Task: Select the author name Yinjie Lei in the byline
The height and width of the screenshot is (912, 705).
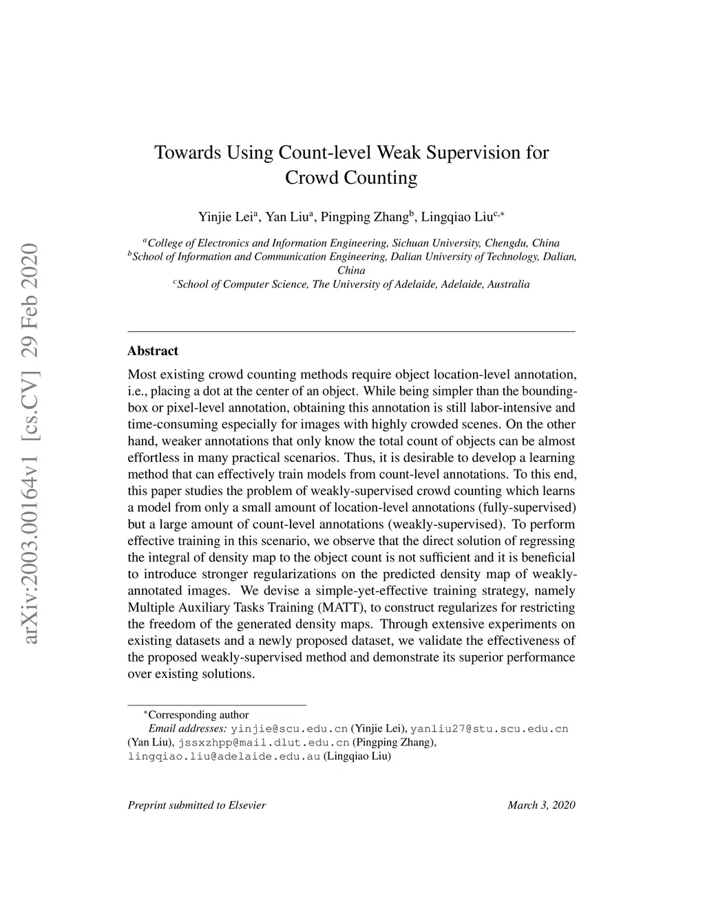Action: coord(225,217)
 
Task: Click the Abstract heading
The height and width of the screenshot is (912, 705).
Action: coord(153,350)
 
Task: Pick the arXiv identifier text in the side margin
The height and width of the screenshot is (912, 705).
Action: coord(32,444)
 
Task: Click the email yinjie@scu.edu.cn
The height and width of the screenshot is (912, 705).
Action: coord(289,729)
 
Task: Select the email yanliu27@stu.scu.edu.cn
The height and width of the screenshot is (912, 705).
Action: coord(489,729)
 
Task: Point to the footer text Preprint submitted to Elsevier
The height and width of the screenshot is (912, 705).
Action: coord(197,805)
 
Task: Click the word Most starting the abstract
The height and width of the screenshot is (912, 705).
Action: coord(142,375)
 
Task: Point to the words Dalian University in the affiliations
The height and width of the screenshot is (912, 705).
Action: coord(435,257)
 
